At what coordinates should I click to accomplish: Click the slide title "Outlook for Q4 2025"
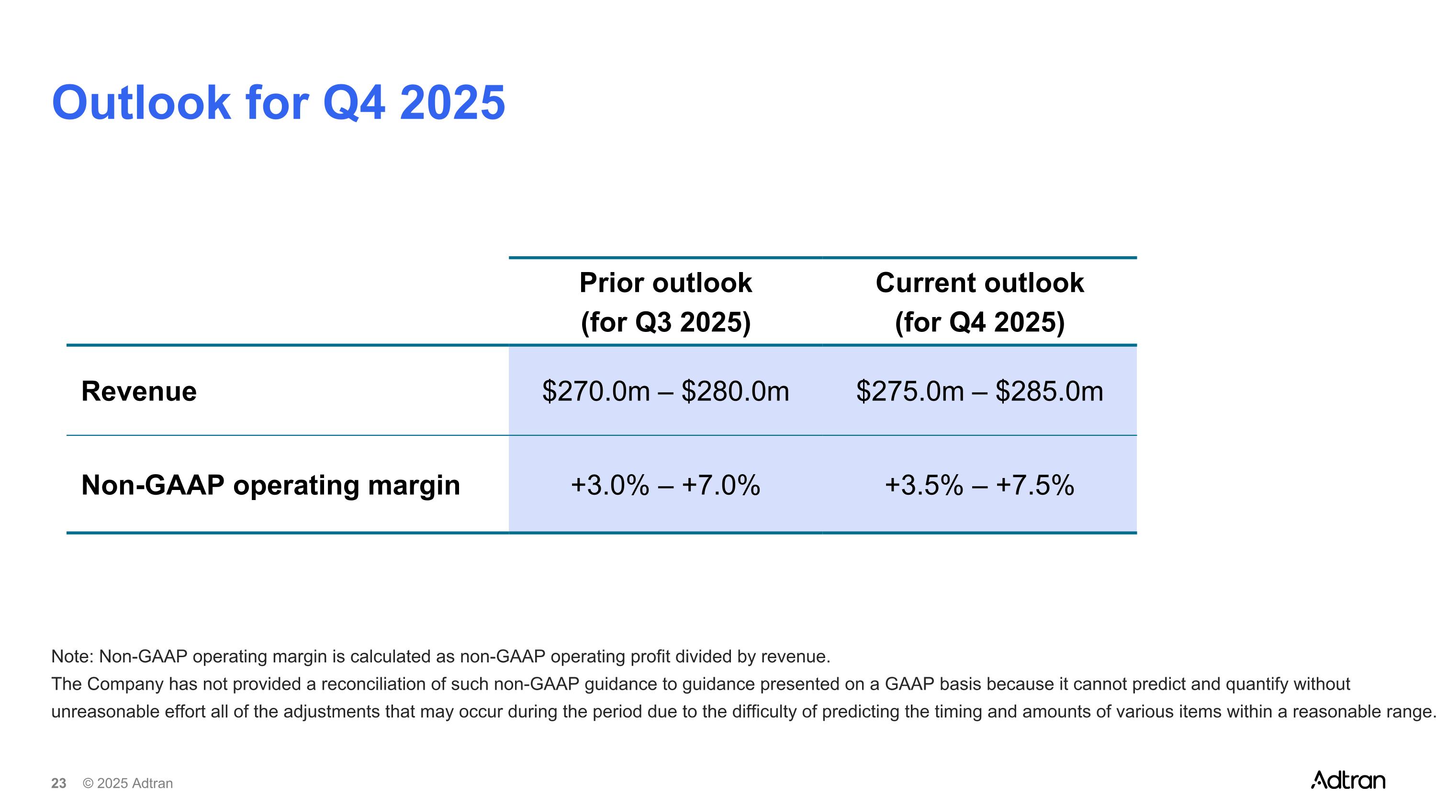(278, 102)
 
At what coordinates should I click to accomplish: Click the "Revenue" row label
(139, 391)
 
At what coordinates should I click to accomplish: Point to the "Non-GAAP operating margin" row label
(271, 485)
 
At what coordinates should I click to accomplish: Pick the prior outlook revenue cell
(666, 391)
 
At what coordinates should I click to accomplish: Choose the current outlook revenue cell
(979, 391)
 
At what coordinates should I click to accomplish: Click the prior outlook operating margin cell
(666, 485)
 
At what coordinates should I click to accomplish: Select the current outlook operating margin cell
(979, 485)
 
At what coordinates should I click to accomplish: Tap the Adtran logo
(1348, 780)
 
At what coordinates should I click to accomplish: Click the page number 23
(58, 784)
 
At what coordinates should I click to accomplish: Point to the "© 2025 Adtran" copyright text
(128, 784)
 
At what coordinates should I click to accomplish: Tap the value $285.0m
(1049, 391)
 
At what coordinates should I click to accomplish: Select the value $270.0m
(596, 391)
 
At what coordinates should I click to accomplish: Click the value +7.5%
(1034, 485)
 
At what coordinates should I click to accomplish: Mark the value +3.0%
(610, 485)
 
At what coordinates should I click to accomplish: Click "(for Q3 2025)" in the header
(666, 322)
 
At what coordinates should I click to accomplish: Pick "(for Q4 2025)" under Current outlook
(979, 322)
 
